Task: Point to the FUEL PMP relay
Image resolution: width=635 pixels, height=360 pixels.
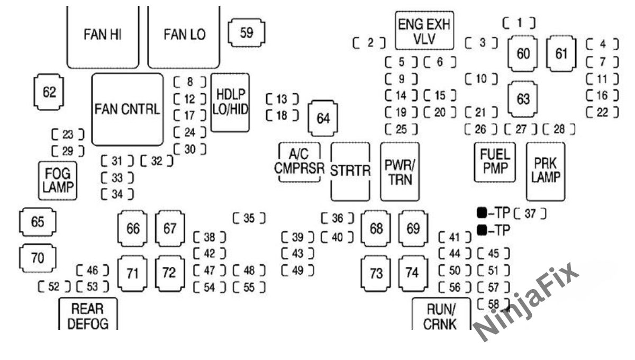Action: coord(494,162)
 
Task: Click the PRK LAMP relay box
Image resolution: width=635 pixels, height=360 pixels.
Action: coord(545,170)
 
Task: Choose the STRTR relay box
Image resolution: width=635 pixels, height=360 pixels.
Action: coord(350,172)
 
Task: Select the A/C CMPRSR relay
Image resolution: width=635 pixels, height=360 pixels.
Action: coord(299,162)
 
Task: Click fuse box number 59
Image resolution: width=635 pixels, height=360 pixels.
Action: coord(247,33)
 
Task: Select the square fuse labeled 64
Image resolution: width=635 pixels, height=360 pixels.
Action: coord(323,118)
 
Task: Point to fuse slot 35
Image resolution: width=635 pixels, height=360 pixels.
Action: coord(249,218)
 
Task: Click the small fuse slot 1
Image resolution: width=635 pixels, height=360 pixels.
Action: coord(519,22)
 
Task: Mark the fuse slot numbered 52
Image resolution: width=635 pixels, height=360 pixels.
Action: coord(54,287)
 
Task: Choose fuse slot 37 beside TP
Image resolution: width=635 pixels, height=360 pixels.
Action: coord(529,213)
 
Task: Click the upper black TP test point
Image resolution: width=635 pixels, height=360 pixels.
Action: coord(482,213)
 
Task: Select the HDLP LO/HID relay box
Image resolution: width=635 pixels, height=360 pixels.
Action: coord(230,102)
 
